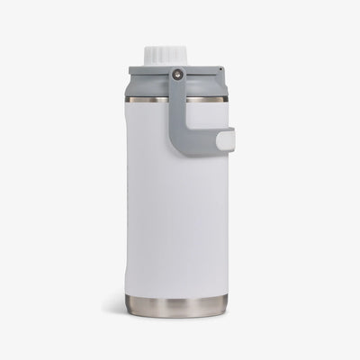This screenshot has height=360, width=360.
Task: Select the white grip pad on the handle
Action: tap(225, 139)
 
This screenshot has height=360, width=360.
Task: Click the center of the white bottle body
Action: tap(176, 207)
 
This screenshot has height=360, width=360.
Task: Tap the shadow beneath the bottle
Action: tap(176, 319)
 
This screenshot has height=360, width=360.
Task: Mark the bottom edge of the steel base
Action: tap(176, 315)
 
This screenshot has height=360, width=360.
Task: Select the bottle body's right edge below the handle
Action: tap(228, 216)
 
